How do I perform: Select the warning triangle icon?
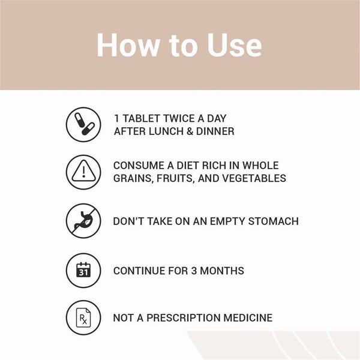click(83, 173)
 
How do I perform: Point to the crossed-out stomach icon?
click(83, 221)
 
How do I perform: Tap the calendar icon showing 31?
click(83, 271)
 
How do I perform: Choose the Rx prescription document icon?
click(83, 318)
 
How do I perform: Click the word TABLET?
click(141, 118)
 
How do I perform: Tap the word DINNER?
click(213, 131)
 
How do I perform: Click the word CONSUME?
click(138, 166)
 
